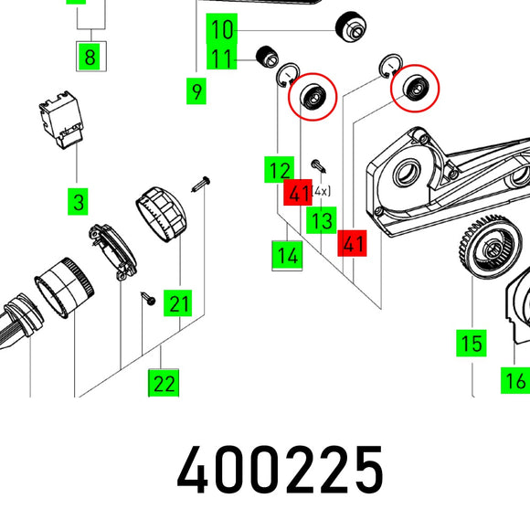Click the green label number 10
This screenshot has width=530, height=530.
pyautogui.click(x=222, y=29)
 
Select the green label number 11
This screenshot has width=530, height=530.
pyautogui.click(x=222, y=58)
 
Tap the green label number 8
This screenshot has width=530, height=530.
pyautogui.click(x=90, y=57)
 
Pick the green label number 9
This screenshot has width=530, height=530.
pyautogui.click(x=196, y=91)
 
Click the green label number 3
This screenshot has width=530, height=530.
pyautogui.click(x=78, y=202)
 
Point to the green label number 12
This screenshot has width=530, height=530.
pyautogui.click(x=280, y=170)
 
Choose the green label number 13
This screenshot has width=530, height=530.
pyautogui.click(x=322, y=220)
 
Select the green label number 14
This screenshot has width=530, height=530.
pyautogui.click(x=287, y=255)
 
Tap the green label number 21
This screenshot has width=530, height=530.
pyautogui.click(x=178, y=302)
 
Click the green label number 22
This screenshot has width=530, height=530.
pyautogui.click(x=164, y=383)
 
